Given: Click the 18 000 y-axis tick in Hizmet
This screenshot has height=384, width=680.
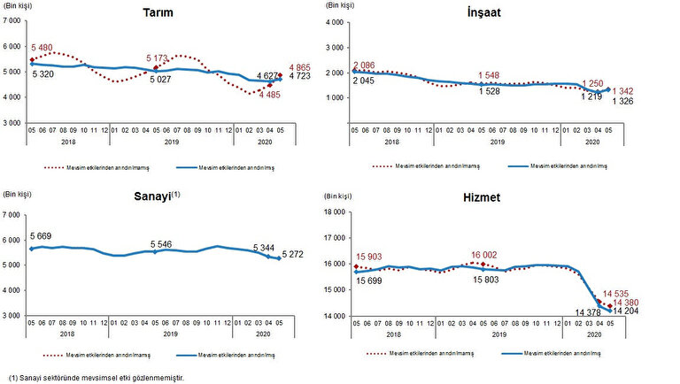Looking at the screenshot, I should (x=331, y=212).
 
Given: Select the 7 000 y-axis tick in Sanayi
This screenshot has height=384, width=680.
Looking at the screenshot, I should (x=12, y=214).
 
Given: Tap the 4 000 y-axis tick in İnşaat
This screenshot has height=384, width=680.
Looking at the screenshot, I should (x=334, y=21).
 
